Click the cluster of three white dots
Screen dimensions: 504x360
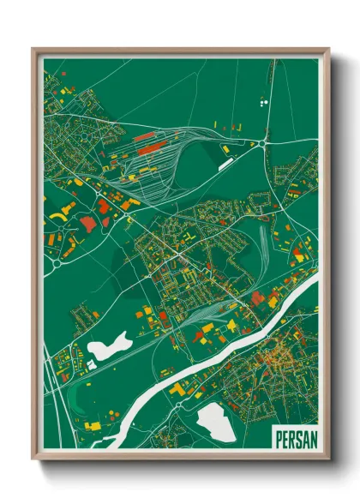(262, 101)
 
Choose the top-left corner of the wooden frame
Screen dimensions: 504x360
(34, 50)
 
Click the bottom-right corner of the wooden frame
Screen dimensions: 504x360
(327, 458)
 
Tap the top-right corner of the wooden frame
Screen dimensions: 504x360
(327, 50)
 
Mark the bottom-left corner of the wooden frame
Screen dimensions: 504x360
(34, 458)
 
